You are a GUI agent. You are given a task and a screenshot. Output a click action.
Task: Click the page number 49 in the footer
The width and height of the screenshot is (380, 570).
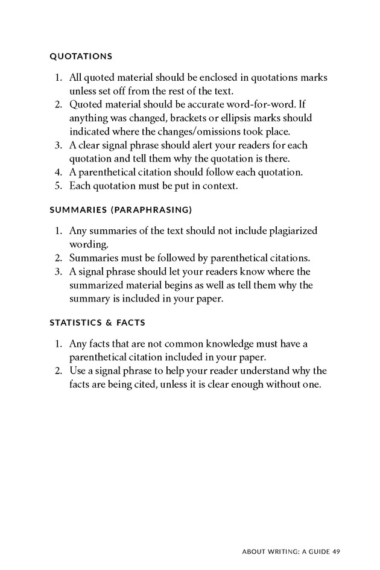pos(337,551)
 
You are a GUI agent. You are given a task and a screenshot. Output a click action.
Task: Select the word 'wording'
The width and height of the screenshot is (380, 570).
pos(88,244)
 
